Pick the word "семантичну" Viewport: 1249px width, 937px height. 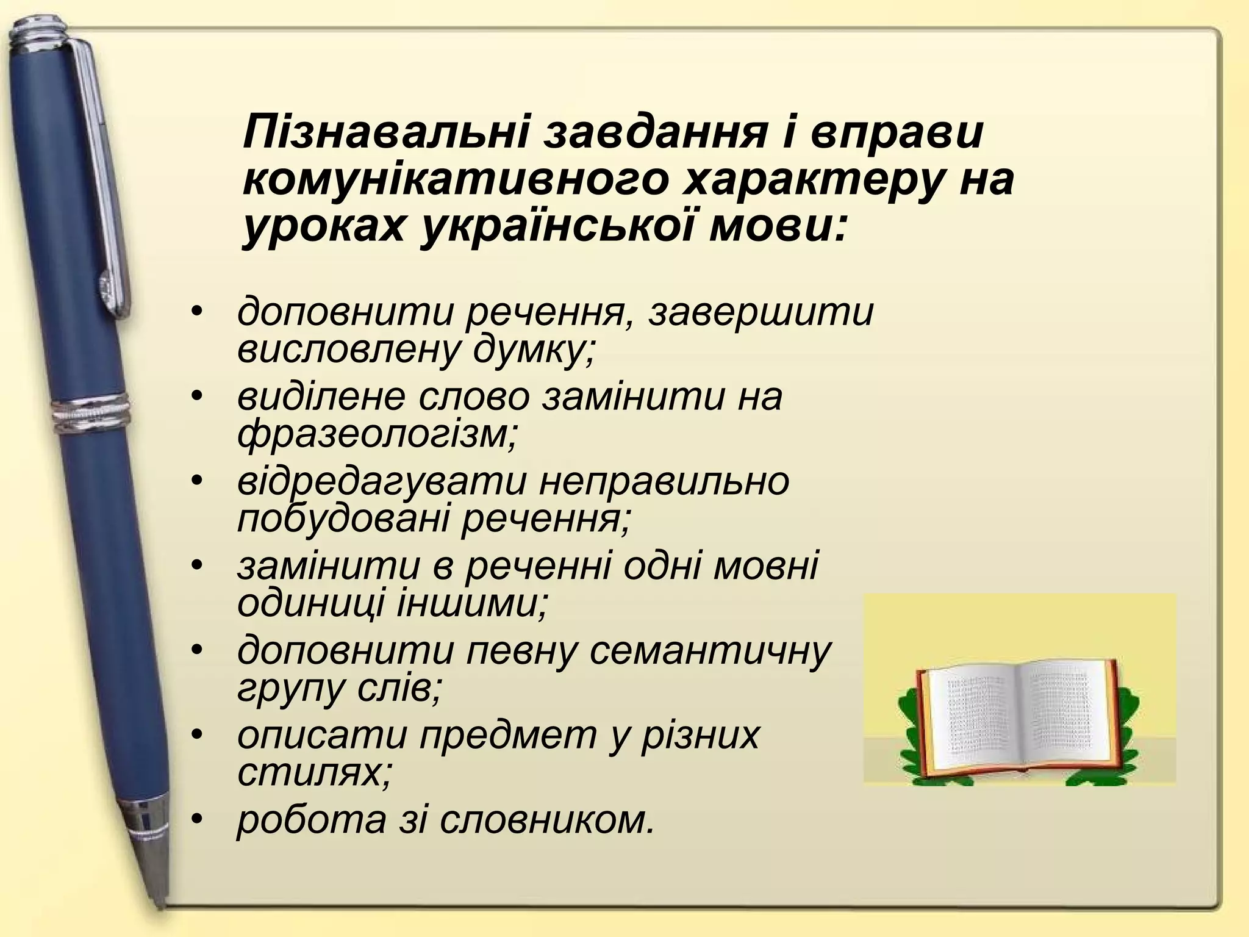[710, 650]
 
